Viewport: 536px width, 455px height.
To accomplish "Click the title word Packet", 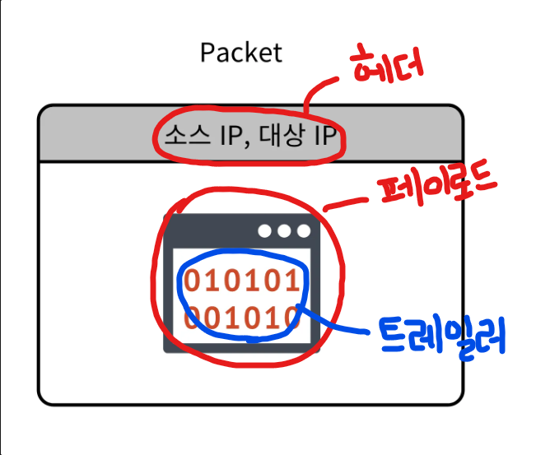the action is pyautogui.click(x=241, y=53).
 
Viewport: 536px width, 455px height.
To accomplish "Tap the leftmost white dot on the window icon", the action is pyautogui.click(x=265, y=230).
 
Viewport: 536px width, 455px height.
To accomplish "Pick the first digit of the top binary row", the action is pyautogui.click(x=191, y=281).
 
